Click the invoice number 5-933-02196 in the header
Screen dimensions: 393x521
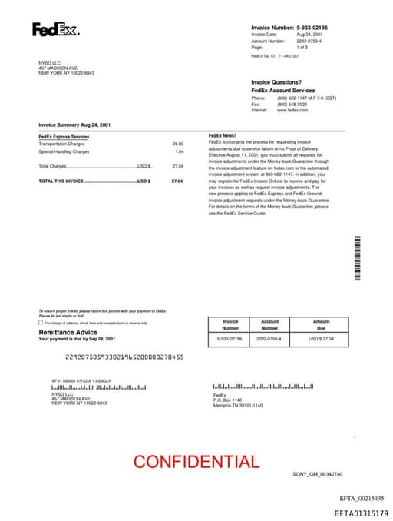tap(318, 27)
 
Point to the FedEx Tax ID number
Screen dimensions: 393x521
tap(289, 56)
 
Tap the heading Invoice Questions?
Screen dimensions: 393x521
tap(276, 82)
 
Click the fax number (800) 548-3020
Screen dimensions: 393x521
tap(292, 104)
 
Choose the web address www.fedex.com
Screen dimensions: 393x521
tap(292, 110)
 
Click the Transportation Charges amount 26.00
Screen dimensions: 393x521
tap(178, 144)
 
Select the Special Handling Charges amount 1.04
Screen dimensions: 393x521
tap(180, 151)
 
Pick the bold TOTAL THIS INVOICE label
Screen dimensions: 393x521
tap(61, 181)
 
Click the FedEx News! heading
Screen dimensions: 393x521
tap(222, 136)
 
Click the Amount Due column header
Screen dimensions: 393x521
tap(321, 324)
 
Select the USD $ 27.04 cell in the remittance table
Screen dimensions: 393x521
tap(321, 338)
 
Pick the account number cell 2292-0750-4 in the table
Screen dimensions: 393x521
tap(269, 338)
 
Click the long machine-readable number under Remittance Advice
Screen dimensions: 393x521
tap(125, 357)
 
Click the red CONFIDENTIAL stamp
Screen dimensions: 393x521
tap(196, 462)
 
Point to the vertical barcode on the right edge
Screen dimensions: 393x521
tap(357, 257)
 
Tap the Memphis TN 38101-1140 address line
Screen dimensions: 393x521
tap(238, 405)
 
